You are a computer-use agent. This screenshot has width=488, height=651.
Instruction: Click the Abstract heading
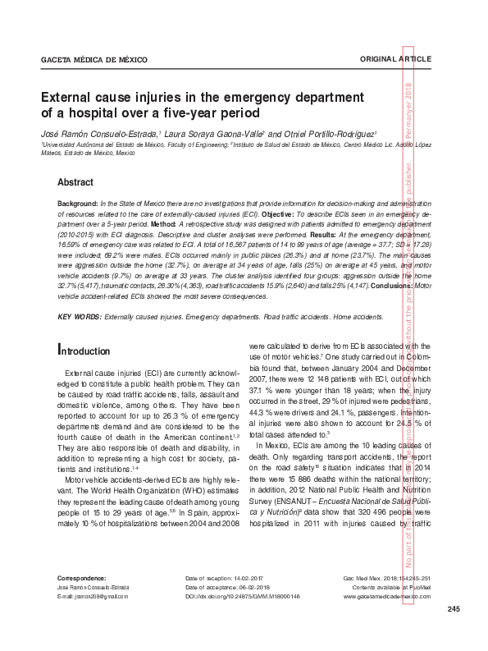[75, 182]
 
